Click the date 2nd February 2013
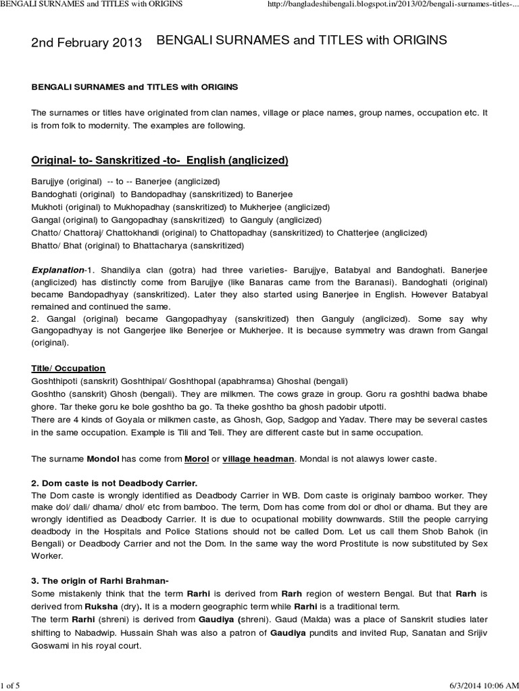[x=87, y=43]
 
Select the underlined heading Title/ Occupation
[x=68, y=368]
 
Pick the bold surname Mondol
[x=102, y=459]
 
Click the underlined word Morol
[x=197, y=459]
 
